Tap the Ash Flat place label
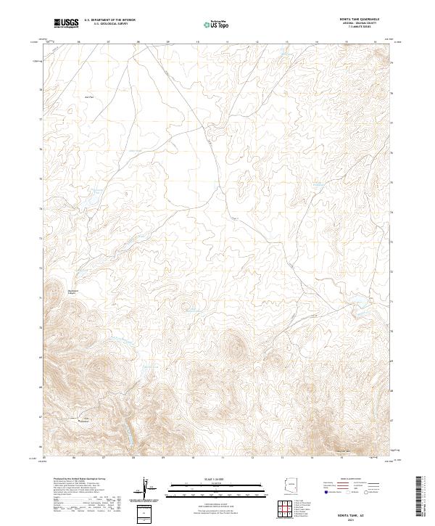pyautogui.click(x=89, y=96)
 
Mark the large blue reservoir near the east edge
pyautogui.click(x=360, y=308)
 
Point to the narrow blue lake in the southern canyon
pyautogui.click(x=130, y=435)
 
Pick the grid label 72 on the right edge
pyautogui.click(x=392, y=270)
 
